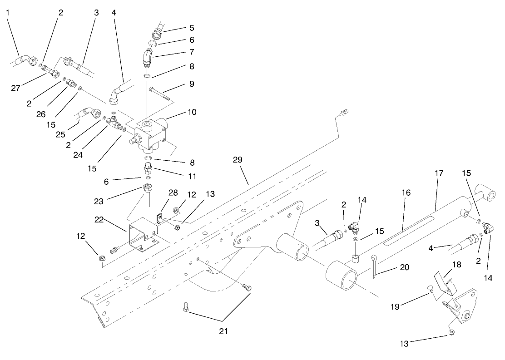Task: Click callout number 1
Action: click(x=8, y=12)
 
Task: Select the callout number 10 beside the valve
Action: click(x=192, y=112)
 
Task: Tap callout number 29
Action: click(x=238, y=160)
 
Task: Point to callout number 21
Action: click(x=223, y=331)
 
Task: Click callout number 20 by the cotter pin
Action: click(x=404, y=267)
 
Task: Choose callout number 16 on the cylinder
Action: click(x=406, y=192)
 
